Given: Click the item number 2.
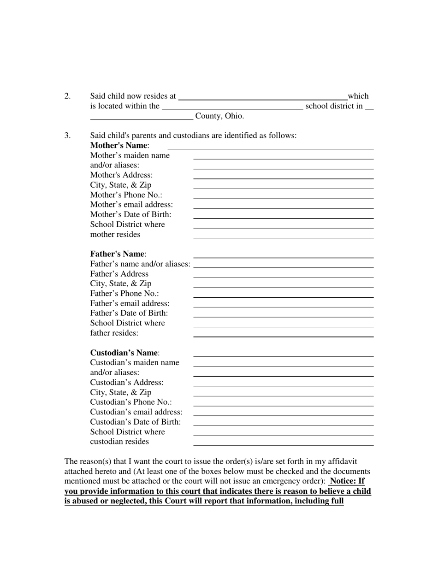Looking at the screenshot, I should tap(67, 96).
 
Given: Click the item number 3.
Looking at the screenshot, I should tap(67, 136).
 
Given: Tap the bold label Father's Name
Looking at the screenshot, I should tap(118, 254).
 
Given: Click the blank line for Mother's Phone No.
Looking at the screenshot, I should tap(283, 198).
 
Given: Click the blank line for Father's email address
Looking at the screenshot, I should tap(283, 307).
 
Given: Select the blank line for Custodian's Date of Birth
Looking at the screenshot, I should tap(283, 425).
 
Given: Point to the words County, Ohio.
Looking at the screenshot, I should tap(219, 116).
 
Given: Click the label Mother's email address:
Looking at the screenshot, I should tap(131, 205).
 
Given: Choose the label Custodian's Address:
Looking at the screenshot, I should tap(127, 383).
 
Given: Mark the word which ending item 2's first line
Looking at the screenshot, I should tap(358, 96).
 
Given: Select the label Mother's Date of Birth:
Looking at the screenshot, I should tap(130, 214).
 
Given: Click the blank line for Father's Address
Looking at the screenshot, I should tap(283, 277).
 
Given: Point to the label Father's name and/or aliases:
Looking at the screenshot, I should tap(140, 264).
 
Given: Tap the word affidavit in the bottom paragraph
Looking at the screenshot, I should tap(341, 461).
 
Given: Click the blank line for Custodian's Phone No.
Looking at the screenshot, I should tap(283, 405).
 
